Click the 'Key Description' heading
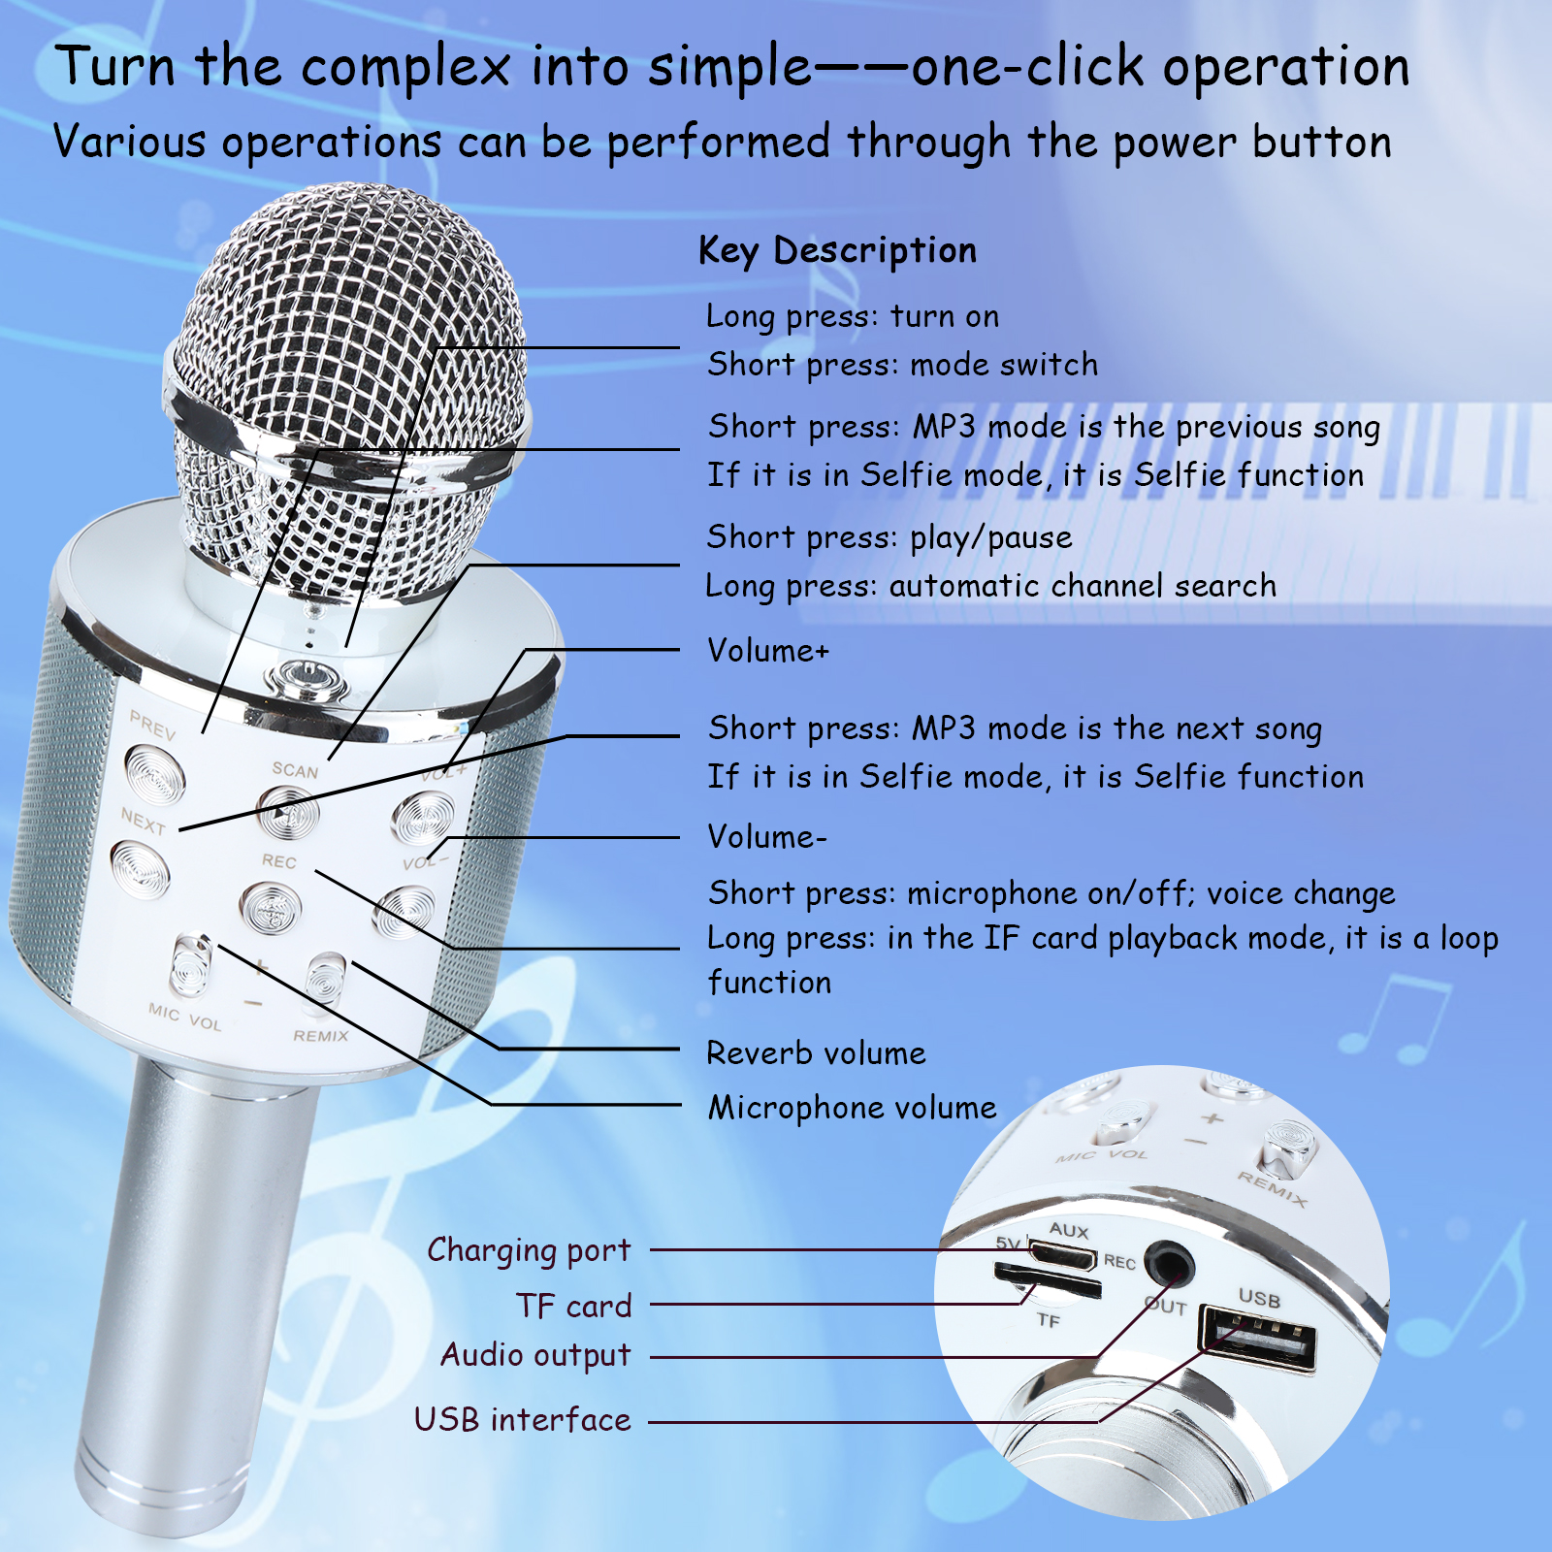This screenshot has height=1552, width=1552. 837,250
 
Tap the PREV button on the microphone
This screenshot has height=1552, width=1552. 155,774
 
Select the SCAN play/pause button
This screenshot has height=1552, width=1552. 288,812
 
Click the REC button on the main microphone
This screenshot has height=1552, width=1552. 272,910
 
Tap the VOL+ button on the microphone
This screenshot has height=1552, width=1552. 423,817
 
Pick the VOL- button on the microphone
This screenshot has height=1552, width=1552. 404,912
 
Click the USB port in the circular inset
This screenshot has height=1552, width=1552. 1259,1338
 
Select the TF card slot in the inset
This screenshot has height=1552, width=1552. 1047,1280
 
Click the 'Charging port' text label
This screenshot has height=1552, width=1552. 529,1251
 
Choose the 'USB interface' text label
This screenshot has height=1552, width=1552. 523,1419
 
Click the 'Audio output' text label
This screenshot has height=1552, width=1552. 535,1355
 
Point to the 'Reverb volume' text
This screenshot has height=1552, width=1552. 816,1053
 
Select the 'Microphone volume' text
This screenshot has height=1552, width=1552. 853,1108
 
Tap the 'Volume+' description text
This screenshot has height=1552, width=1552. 768,650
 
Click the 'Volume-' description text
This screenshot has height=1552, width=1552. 767,836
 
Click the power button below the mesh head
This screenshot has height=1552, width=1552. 308,680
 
